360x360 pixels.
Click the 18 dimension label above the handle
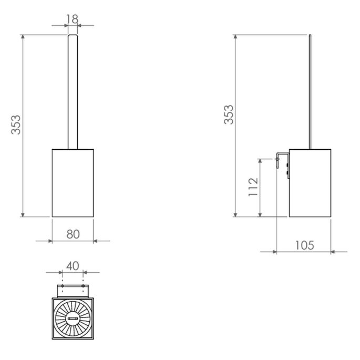pos(73,19)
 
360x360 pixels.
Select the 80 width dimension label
pos(73,233)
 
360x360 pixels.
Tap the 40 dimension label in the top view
pos(73,265)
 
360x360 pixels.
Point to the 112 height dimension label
pos(253,187)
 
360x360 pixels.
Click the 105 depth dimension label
pos(304,245)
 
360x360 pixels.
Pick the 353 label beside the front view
pos(17,125)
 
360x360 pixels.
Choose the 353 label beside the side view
pos(229,115)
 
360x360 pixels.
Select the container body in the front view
pos(73,183)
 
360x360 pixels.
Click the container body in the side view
pos(310,183)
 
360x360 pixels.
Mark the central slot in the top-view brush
pos(73,317)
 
